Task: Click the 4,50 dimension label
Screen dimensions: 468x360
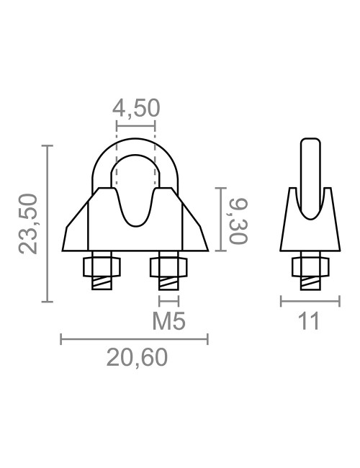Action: (x=135, y=109)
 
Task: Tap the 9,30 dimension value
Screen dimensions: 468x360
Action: (x=237, y=218)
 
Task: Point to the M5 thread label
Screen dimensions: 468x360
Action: (x=168, y=321)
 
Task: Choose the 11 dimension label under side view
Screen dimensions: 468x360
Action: (x=309, y=321)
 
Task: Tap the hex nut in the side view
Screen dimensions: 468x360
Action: (x=309, y=267)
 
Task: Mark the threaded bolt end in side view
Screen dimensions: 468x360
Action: (x=309, y=283)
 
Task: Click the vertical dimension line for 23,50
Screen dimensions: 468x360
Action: (x=48, y=224)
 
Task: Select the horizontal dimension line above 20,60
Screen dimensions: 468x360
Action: (x=135, y=338)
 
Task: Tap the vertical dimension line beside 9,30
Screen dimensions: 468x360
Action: (x=220, y=218)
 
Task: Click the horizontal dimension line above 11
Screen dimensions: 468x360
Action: (x=310, y=301)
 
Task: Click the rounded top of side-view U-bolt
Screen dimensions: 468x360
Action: (x=310, y=141)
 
